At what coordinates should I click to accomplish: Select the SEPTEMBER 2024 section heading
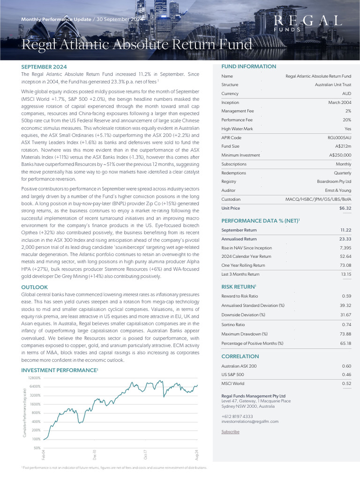coord(43,67)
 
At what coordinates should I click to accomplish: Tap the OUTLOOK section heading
coord(34,287)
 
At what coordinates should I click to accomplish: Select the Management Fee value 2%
coord(348,111)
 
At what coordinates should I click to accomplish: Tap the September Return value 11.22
coord(346,230)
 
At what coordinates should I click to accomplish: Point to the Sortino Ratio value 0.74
coord(347,324)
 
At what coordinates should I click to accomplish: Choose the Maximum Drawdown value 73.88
coord(345,334)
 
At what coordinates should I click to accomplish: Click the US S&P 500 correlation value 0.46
coord(347,375)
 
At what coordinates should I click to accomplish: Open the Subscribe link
coord(230,432)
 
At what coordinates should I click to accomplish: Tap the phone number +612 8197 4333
coord(237,416)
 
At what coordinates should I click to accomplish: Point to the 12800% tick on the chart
coord(35,378)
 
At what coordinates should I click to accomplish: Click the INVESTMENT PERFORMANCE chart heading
coord(59,370)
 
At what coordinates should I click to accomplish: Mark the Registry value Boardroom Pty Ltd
coord(334,182)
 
